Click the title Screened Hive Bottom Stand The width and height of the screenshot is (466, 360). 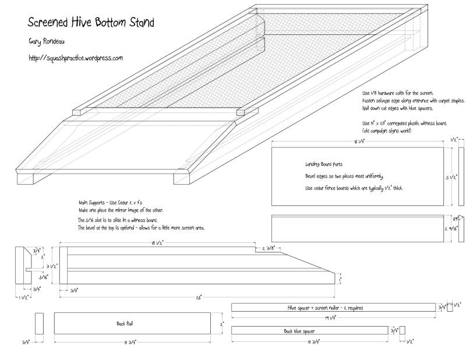[x=91, y=23]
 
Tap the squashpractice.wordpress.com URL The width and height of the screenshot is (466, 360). [x=75, y=58]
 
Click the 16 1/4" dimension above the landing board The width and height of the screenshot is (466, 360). [x=357, y=141]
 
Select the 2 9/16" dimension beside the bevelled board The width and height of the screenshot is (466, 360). [x=455, y=229]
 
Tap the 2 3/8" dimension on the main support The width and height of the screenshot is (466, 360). [x=270, y=249]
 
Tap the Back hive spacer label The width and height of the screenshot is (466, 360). [x=296, y=331]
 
